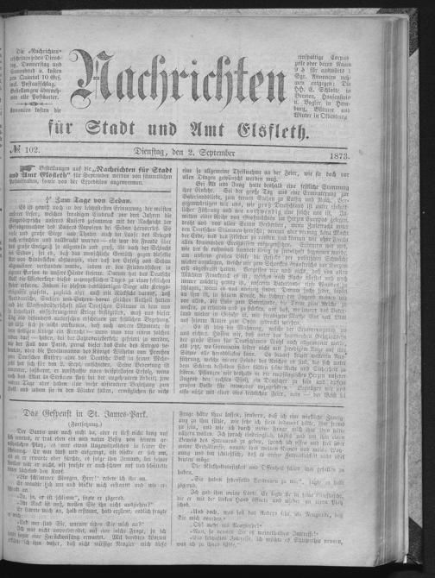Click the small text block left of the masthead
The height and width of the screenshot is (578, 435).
pos(35,80)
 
